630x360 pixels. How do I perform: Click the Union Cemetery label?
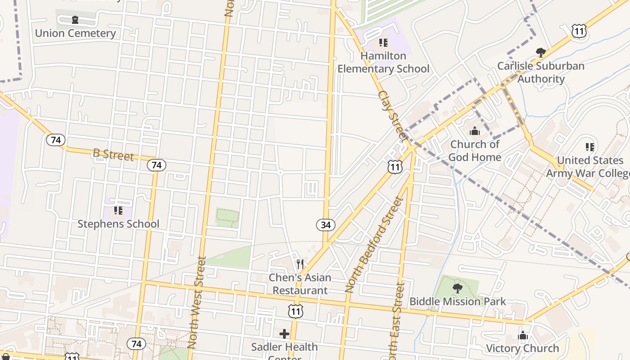point(75,33)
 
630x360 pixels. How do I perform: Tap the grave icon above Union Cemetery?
point(75,20)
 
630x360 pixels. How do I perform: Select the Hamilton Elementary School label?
point(383,62)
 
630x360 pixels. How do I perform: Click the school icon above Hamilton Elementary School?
point(383,43)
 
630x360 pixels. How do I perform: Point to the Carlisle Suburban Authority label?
point(540,72)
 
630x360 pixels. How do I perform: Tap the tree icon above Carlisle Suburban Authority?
point(541,53)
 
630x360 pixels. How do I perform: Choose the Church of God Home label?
point(475,151)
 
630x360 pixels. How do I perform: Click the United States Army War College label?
point(590,166)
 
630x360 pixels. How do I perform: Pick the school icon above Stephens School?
point(118,210)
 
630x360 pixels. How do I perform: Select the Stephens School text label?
point(118,224)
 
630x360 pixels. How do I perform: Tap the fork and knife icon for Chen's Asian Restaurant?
point(300,264)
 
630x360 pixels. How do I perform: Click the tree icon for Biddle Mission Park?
point(458,288)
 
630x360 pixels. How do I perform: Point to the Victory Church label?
point(522,348)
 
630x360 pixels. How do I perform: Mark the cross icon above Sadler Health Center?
point(284,333)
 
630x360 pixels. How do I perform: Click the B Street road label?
point(113,154)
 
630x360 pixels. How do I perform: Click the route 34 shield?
point(325,225)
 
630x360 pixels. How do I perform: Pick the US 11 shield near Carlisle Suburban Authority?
point(579,31)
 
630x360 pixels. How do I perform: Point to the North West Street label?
point(196,302)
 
